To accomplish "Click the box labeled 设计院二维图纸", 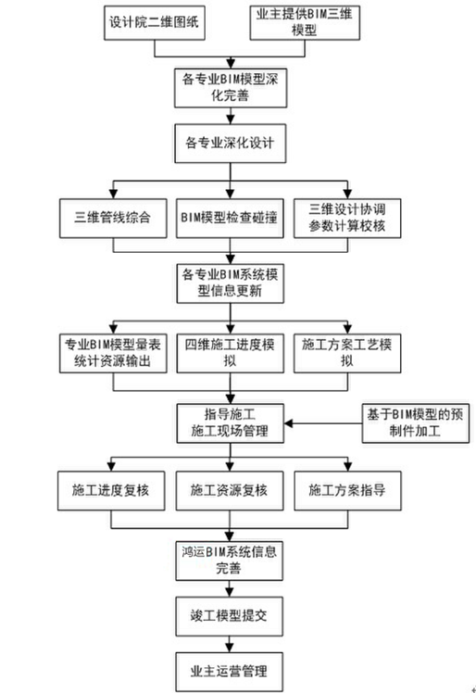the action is (155, 23).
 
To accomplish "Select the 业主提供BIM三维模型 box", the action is (305, 23).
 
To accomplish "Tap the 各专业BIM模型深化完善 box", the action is (231, 88).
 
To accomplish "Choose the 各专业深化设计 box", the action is (231, 144).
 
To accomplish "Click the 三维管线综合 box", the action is (113, 219).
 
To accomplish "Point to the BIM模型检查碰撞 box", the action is (230, 219).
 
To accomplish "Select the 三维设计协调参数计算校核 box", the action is (347, 219).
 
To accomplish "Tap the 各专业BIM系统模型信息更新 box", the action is (231, 283).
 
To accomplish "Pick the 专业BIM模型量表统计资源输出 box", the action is (113, 353).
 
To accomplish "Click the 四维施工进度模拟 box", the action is (231, 353).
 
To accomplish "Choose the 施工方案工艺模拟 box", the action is (347, 353).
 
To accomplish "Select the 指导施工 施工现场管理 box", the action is (231, 423).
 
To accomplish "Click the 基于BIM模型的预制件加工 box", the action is (416, 423).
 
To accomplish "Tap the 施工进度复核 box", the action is (111, 491).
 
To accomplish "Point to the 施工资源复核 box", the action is (230, 491).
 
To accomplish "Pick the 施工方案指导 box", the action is (348, 491).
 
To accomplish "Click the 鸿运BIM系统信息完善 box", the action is (229, 561).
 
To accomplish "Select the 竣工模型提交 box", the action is (229, 616).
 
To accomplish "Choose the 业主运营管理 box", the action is (229, 672).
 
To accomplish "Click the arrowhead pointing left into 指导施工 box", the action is (289, 423).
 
